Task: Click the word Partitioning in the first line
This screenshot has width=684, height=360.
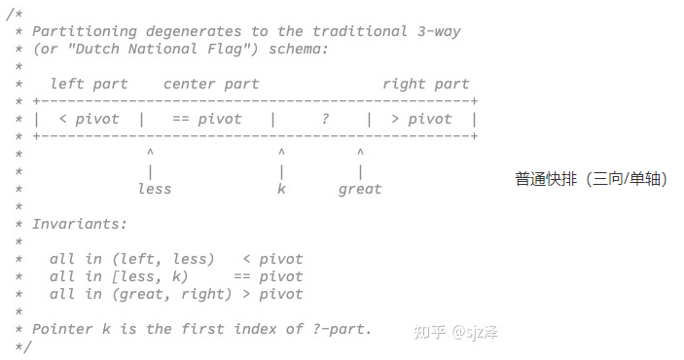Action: (x=85, y=31)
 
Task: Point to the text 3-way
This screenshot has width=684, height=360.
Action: (x=439, y=31)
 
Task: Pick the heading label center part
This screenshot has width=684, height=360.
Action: (x=211, y=84)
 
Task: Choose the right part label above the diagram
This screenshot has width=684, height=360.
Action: (x=425, y=84)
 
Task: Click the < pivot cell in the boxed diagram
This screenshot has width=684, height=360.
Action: (x=89, y=119)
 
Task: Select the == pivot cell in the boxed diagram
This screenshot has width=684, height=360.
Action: (x=206, y=119)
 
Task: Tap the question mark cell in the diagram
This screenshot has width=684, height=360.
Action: (x=325, y=119)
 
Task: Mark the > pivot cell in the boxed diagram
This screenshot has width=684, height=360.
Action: (x=420, y=119)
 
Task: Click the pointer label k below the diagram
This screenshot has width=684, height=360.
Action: (x=281, y=189)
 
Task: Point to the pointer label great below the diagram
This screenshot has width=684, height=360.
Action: (x=359, y=189)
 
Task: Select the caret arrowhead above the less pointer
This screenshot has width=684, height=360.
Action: (x=150, y=153)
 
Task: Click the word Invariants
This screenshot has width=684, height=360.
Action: (x=80, y=224)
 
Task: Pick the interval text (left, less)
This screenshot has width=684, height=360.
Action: (x=162, y=259)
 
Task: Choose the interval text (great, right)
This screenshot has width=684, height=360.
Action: (x=171, y=294)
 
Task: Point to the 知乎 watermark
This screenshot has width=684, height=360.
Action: (x=429, y=332)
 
